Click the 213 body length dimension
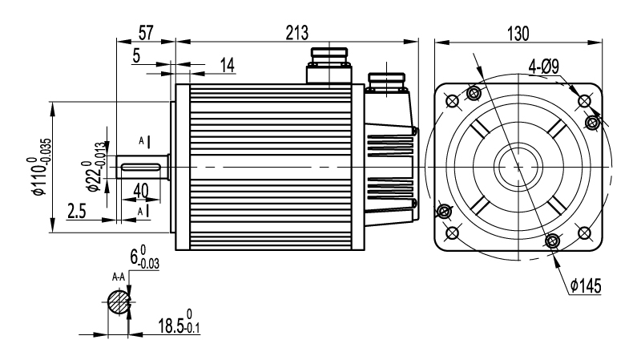coord(297,33)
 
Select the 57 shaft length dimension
coord(146,33)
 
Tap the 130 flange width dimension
coord(518,34)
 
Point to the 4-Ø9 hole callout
coord(544,67)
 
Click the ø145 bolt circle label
coord(586,286)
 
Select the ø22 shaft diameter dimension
coord(95,167)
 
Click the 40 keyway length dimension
coord(141,191)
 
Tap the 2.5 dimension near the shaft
coord(76,212)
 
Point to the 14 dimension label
coord(228,65)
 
